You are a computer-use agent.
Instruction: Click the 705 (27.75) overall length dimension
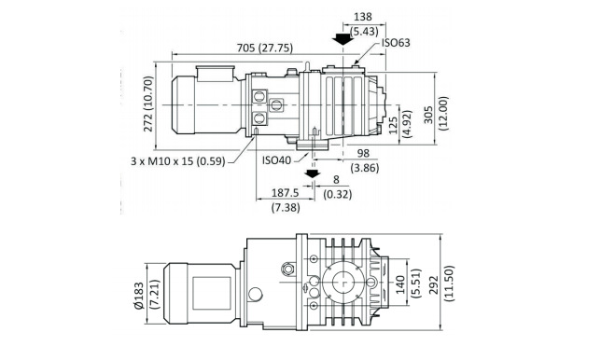[x=265, y=48]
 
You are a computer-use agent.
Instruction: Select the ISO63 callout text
[x=396, y=43]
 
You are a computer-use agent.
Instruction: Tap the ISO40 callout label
[x=277, y=159]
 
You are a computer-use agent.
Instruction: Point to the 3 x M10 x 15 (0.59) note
[x=178, y=161]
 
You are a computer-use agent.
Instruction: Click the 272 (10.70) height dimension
[x=148, y=104]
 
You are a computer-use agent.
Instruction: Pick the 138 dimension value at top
[x=363, y=17]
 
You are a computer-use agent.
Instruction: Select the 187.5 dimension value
[x=286, y=192]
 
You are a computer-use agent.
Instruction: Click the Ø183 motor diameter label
[x=138, y=296]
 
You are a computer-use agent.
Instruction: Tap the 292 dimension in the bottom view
[x=434, y=285]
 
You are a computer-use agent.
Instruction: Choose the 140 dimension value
[x=399, y=284]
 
